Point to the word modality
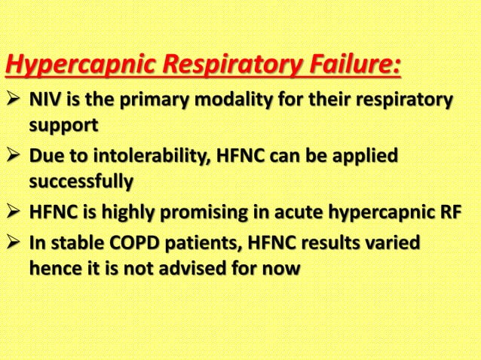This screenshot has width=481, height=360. click(x=239, y=101)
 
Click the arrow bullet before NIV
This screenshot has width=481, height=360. click(x=14, y=101)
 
